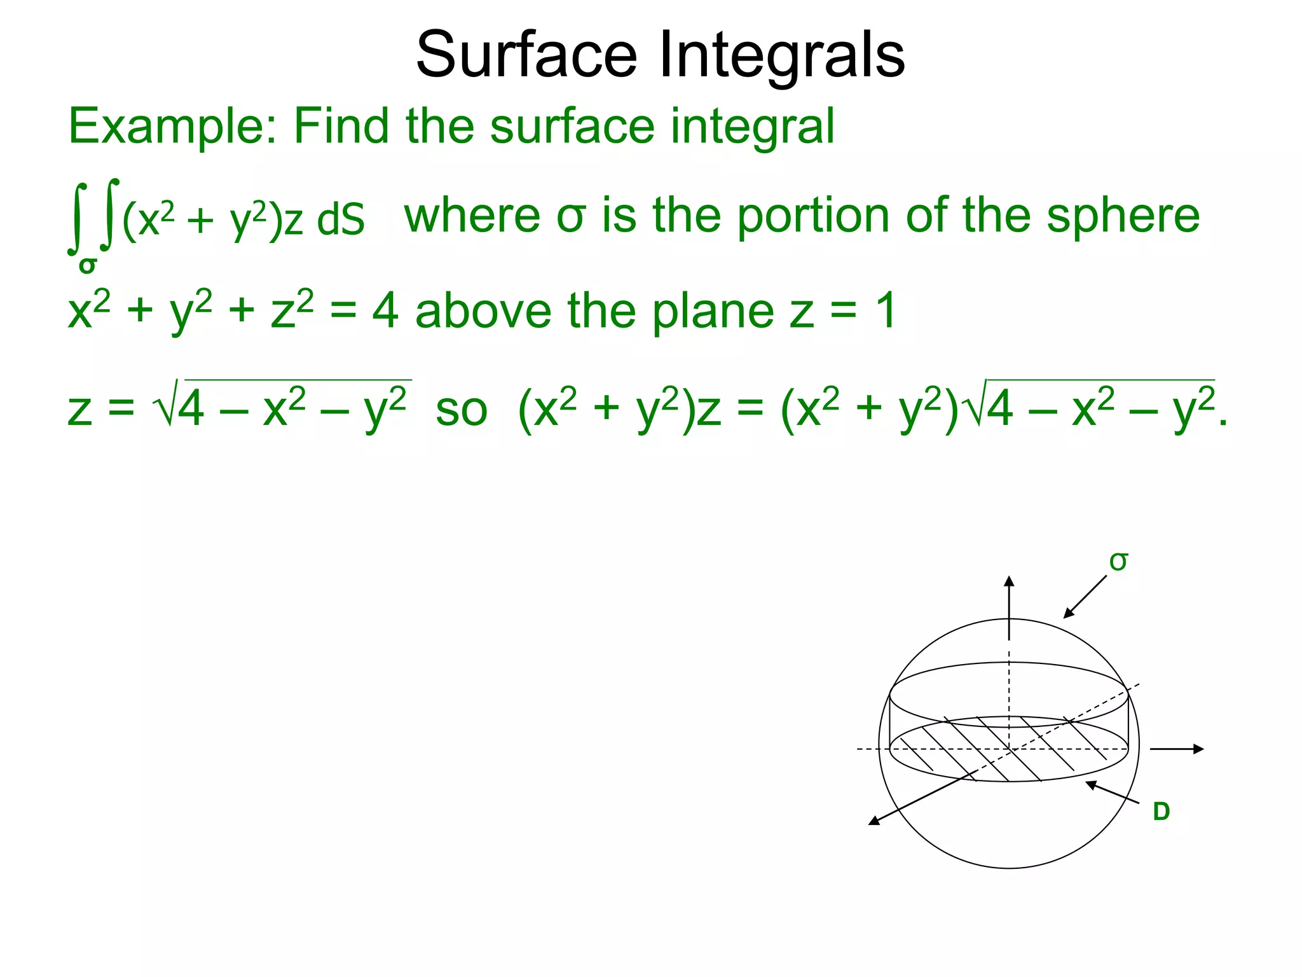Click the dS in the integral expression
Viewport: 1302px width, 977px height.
tap(341, 220)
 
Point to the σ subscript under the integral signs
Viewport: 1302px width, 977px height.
tap(87, 265)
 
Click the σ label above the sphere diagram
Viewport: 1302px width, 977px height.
tap(1118, 562)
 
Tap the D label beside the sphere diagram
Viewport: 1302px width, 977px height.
tap(1161, 812)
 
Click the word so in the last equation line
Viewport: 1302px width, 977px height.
tap(461, 410)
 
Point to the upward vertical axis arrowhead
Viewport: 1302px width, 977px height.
tap(1009, 580)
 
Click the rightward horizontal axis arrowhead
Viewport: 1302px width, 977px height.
tap(1198, 749)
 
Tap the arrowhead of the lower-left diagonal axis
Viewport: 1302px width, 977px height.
tap(874, 821)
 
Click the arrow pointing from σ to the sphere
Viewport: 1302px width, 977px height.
tap(1085, 597)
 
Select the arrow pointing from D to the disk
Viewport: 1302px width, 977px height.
tap(1112, 793)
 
